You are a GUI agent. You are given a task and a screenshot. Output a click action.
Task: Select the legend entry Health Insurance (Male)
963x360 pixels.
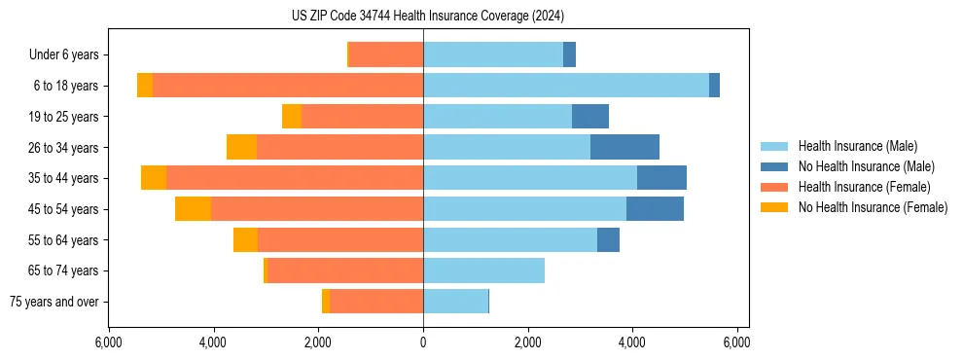tap(857, 146)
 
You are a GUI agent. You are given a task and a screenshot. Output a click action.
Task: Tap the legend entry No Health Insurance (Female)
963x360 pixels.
tap(873, 207)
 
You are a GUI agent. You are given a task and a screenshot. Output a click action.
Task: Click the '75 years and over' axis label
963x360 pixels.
tap(54, 302)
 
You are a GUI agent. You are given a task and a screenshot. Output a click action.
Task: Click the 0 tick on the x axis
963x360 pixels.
tap(423, 342)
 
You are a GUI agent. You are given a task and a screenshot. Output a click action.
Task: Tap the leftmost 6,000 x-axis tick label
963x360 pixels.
tap(109, 342)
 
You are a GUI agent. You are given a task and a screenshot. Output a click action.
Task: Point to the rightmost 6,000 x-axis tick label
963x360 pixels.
tap(737, 342)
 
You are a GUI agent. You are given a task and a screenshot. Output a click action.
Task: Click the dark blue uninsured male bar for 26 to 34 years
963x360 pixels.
tap(624, 147)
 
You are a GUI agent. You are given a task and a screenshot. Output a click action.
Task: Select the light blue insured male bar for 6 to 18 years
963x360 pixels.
tap(566, 86)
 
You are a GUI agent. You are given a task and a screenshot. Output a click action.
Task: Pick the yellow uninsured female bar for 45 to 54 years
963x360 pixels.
tap(193, 209)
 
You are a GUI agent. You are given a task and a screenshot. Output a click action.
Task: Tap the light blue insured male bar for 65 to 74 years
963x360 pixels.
tap(483, 270)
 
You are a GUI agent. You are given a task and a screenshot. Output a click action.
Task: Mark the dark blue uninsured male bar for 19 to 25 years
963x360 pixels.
tap(590, 117)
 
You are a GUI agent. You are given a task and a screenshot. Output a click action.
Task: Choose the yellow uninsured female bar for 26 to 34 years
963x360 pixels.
tap(241, 147)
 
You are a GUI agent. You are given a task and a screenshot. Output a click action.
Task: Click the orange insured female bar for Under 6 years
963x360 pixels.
tap(385, 55)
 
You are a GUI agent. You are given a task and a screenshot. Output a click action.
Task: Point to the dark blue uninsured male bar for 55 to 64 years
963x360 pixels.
tap(608, 239)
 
